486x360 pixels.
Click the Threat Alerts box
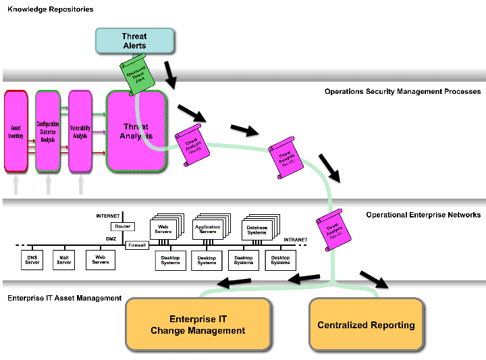(x=134, y=41)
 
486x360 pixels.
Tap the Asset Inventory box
(x=16, y=131)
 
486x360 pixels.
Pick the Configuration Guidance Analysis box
(x=47, y=131)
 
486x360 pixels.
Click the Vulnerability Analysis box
(x=80, y=131)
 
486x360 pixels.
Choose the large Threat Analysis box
(x=136, y=131)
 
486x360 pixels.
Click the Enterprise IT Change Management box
(x=198, y=325)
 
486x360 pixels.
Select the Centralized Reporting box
(x=366, y=325)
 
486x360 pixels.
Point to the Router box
(x=122, y=227)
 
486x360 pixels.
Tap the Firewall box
(x=137, y=245)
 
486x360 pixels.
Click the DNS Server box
(x=30, y=260)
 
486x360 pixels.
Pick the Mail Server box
(x=63, y=260)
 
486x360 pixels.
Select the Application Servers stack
(x=207, y=230)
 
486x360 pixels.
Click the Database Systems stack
(x=256, y=230)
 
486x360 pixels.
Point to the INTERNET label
(x=108, y=216)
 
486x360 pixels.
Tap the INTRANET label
(x=295, y=240)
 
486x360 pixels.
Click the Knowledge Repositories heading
(x=51, y=9)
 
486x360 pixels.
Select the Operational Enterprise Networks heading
(x=423, y=215)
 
